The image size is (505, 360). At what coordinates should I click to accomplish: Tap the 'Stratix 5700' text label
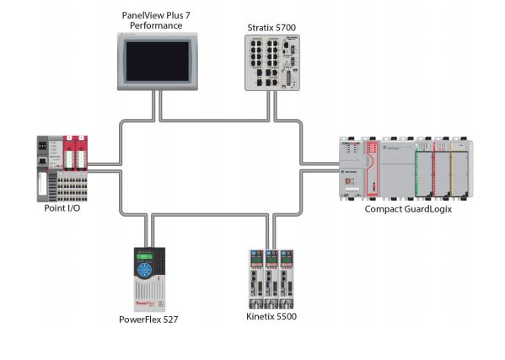[x=271, y=28]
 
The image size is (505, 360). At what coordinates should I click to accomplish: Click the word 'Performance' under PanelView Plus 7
[x=157, y=26]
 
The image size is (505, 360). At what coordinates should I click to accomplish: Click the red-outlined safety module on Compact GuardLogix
[x=372, y=169]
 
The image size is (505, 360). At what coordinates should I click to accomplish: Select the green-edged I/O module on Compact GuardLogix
[x=424, y=169]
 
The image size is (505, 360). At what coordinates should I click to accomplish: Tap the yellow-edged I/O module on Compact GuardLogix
[x=460, y=169]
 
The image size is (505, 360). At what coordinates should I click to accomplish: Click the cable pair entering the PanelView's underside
[x=157, y=105]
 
